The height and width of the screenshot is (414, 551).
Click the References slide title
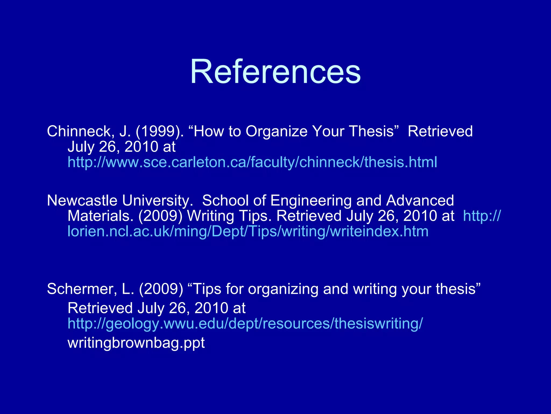tap(275, 72)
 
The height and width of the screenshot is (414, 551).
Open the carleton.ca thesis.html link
tap(252, 162)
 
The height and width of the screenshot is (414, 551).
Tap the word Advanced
tap(420, 201)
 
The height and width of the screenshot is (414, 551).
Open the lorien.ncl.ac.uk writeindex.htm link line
tap(248, 232)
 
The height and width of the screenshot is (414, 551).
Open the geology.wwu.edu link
tap(245, 323)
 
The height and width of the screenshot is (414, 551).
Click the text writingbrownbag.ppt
tap(136, 343)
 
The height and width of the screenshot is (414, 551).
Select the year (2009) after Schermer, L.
tap(161, 289)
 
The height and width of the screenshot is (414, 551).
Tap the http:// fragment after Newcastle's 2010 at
tap(482, 216)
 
